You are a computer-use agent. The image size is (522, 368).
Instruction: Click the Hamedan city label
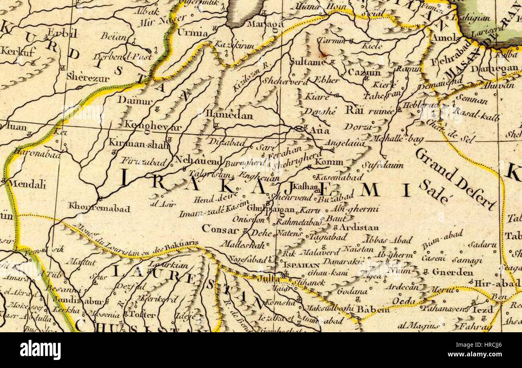click(x=229, y=116)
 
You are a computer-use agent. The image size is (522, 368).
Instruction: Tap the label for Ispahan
click(x=301, y=265)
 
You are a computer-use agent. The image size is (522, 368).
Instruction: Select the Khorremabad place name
click(x=99, y=209)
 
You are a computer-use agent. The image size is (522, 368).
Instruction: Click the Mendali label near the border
click(x=27, y=184)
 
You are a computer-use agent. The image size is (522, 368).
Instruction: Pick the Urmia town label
click(x=193, y=33)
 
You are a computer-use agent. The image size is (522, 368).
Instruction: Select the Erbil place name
click(x=62, y=33)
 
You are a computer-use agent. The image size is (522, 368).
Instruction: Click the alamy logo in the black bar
click(x=40, y=350)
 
